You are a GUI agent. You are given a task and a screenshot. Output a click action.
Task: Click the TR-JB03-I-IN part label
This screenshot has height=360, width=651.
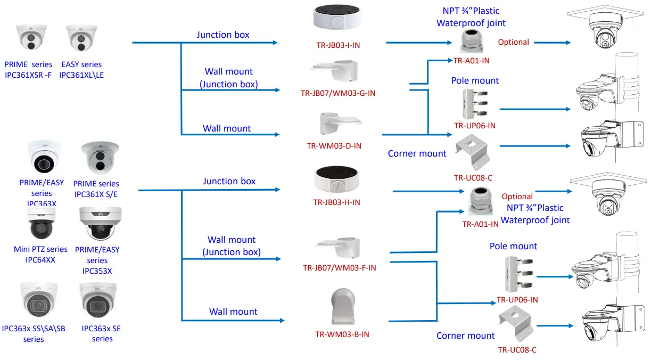click(x=338, y=45)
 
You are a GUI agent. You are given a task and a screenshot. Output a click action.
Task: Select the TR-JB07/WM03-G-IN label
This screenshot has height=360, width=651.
click(x=337, y=93)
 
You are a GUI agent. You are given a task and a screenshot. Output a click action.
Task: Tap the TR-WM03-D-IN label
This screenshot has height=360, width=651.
click(x=334, y=146)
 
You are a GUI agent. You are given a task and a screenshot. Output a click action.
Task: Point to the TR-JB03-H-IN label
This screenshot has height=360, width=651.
click(x=336, y=202)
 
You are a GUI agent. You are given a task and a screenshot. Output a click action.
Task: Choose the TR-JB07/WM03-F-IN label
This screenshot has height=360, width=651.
click(x=339, y=267)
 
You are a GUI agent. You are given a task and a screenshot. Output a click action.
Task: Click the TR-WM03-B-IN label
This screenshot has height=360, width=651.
click(x=342, y=334)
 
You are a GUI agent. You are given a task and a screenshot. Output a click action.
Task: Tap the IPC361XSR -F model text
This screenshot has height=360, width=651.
click(x=28, y=75)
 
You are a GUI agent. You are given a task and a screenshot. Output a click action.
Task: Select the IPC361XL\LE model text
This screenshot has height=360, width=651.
click(x=81, y=75)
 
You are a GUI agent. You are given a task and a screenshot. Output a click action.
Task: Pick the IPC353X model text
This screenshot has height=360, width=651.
click(x=97, y=271)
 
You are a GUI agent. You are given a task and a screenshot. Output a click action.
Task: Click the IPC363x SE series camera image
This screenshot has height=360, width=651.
click(x=98, y=301)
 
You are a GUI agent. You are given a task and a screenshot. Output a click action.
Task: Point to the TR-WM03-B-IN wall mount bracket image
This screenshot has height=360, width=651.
click(x=343, y=306)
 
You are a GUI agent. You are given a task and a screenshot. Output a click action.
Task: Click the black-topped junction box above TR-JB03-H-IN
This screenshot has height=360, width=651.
click(x=337, y=179)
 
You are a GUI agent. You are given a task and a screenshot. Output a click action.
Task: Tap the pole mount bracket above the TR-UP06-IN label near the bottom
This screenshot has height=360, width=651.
click(x=519, y=274)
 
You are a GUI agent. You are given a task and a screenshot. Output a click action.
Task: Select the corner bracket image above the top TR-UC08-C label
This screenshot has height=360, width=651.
click(x=473, y=151)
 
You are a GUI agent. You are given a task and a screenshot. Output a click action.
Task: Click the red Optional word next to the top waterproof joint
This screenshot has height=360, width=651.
click(x=513, y=42)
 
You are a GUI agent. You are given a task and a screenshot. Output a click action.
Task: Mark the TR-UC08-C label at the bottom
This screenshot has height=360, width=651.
click(x=517, y=349)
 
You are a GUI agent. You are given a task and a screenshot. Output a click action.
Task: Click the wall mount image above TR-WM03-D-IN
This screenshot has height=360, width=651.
click(x=340, y=124)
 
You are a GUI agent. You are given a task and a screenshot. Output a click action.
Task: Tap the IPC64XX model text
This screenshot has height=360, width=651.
click(x=40, y=260)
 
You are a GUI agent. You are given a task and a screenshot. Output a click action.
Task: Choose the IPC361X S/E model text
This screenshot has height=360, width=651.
click(x=96, y=194)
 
